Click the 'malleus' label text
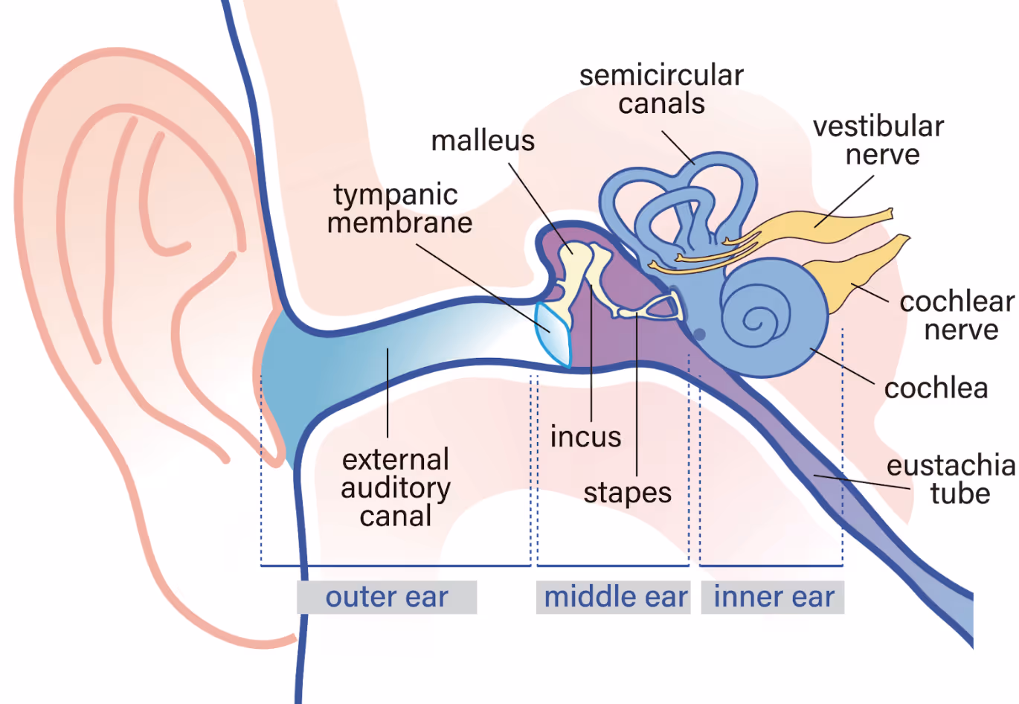tap(483, 141)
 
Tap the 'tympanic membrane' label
tap(400, 208)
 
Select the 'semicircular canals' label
tap(661, 89)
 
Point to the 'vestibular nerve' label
tap(878, 141)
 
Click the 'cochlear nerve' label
tap(957, 316)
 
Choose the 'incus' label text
tap(585, 437)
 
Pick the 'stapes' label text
tap(627, 493)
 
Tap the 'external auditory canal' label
tap(396, 487)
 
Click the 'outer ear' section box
tap(387, 597)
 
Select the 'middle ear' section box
tap(614, 597)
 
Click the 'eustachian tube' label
tap(952, 479)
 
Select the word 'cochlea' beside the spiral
tap(936, 388)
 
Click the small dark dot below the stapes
tap(699, 334)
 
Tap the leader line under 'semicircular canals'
tap(678, 147)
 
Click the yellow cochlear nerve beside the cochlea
tap(855, 275)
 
